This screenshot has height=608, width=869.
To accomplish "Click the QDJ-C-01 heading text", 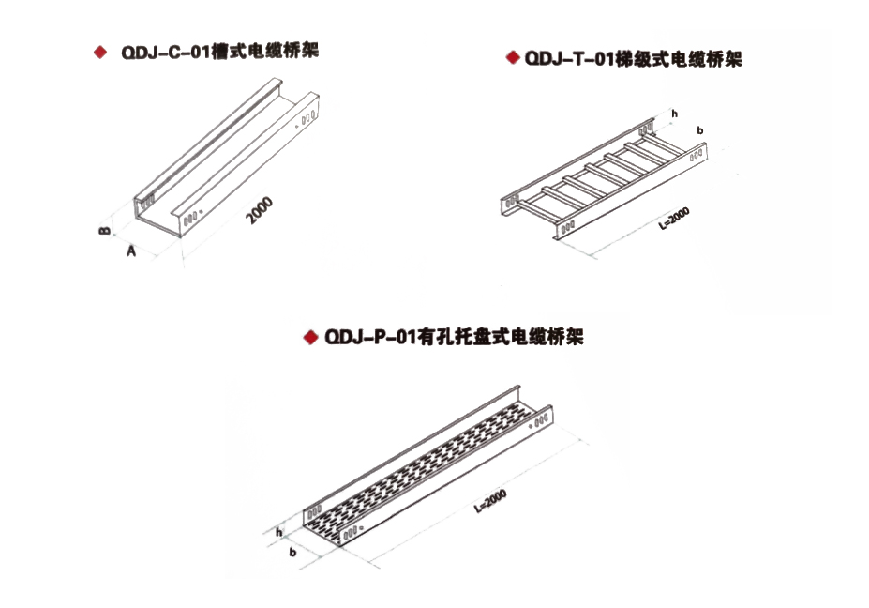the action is tap(219, 53).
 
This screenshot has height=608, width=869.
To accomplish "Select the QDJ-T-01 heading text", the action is tap(633, 59).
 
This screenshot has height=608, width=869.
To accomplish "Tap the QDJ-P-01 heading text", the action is tap(454, 337).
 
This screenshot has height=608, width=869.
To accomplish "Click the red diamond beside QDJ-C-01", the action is tap(100, 53).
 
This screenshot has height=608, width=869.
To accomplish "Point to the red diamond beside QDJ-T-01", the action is tap(513, 57).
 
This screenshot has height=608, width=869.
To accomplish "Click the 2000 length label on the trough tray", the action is tap(260, 210).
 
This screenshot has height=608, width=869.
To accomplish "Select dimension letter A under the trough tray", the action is tap(131, 251).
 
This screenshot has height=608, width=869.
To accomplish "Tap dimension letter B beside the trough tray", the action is tap(104, 230).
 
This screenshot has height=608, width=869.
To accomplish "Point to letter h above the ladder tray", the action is tap(674, 114).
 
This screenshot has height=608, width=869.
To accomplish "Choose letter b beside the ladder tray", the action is tap(700, 130).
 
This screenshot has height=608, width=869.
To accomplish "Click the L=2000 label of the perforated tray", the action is tap(490, 501).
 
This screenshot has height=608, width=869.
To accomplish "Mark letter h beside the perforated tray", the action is tap(278, 533).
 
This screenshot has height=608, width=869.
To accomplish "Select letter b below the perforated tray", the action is tap(292, 552).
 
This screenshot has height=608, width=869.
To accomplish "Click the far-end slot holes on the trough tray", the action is tap(308, 117).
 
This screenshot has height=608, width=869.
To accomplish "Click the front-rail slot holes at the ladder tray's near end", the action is tap(567, 227).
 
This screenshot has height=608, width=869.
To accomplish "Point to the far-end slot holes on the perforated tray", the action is tap(541, 419).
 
